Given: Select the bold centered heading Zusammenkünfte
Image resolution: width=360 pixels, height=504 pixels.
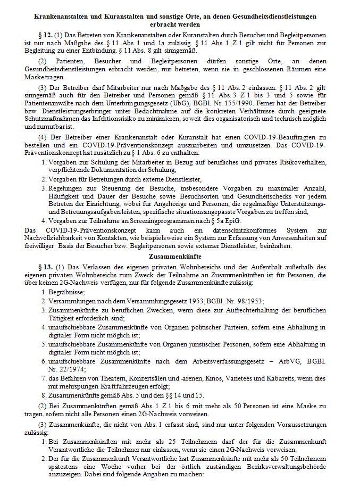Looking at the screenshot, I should (180, 256).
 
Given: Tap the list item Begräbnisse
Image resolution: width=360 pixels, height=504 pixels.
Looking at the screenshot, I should (66, 292).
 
